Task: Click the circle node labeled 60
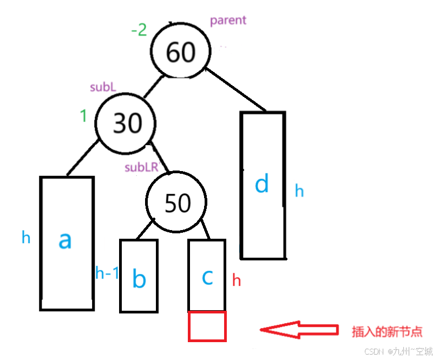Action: click(180, 51)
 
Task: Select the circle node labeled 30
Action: click(127, 123)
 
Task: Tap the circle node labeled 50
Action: click(177, 202)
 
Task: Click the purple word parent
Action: click(228, 21)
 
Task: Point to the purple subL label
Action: click(103, 87)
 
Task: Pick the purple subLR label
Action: click(141, 167)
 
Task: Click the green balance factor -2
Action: click(139, 30)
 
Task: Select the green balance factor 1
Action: click(83, 116)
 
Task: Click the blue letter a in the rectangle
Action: click(65, 240)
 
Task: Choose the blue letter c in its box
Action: click(207, 277)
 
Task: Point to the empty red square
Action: click(207, 326)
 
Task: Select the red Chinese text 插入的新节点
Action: click(386, 331)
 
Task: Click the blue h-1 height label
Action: click(107, 273)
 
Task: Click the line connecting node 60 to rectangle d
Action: click(237, 90)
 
